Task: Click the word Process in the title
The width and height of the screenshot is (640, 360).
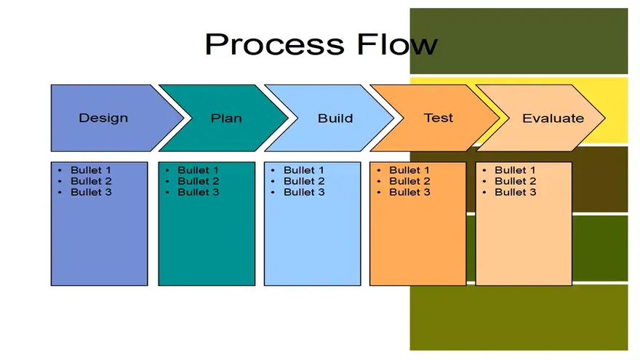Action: pos(275,45)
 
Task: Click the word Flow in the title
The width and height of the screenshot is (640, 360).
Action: pos(397,44)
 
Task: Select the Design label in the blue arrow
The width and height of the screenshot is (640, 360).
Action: pos(103,118)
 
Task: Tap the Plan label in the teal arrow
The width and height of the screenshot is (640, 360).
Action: pos(226,118)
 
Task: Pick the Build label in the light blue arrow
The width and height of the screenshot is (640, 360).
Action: pos(335,118)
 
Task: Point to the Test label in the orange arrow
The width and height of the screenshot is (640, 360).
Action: pos(439,118)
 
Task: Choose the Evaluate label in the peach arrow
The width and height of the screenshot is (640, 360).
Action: pos(553,118)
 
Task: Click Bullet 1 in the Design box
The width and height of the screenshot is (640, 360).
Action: pos(91,169)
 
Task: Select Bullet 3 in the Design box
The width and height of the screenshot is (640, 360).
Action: pos(91,192)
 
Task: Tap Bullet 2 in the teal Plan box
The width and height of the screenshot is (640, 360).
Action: pos(198,181)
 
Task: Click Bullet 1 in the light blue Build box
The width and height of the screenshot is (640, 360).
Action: pos(304,169)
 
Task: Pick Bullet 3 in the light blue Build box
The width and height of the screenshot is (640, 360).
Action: pos(304,192)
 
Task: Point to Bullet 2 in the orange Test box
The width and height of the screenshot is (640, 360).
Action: pos(409,181)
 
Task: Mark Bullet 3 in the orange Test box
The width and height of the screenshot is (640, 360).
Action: pos(409,192)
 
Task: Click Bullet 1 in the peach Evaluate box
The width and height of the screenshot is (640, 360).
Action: pos(515,169)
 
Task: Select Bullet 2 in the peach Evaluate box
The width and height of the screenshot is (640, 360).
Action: pos(515,181)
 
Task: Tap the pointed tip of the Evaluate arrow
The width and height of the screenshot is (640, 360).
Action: pos(605,118)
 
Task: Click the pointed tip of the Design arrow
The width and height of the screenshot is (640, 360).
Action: pos(184,118)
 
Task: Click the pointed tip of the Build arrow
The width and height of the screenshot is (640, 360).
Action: pos(394,118)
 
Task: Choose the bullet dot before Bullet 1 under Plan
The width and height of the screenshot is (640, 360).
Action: pos(167,170)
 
